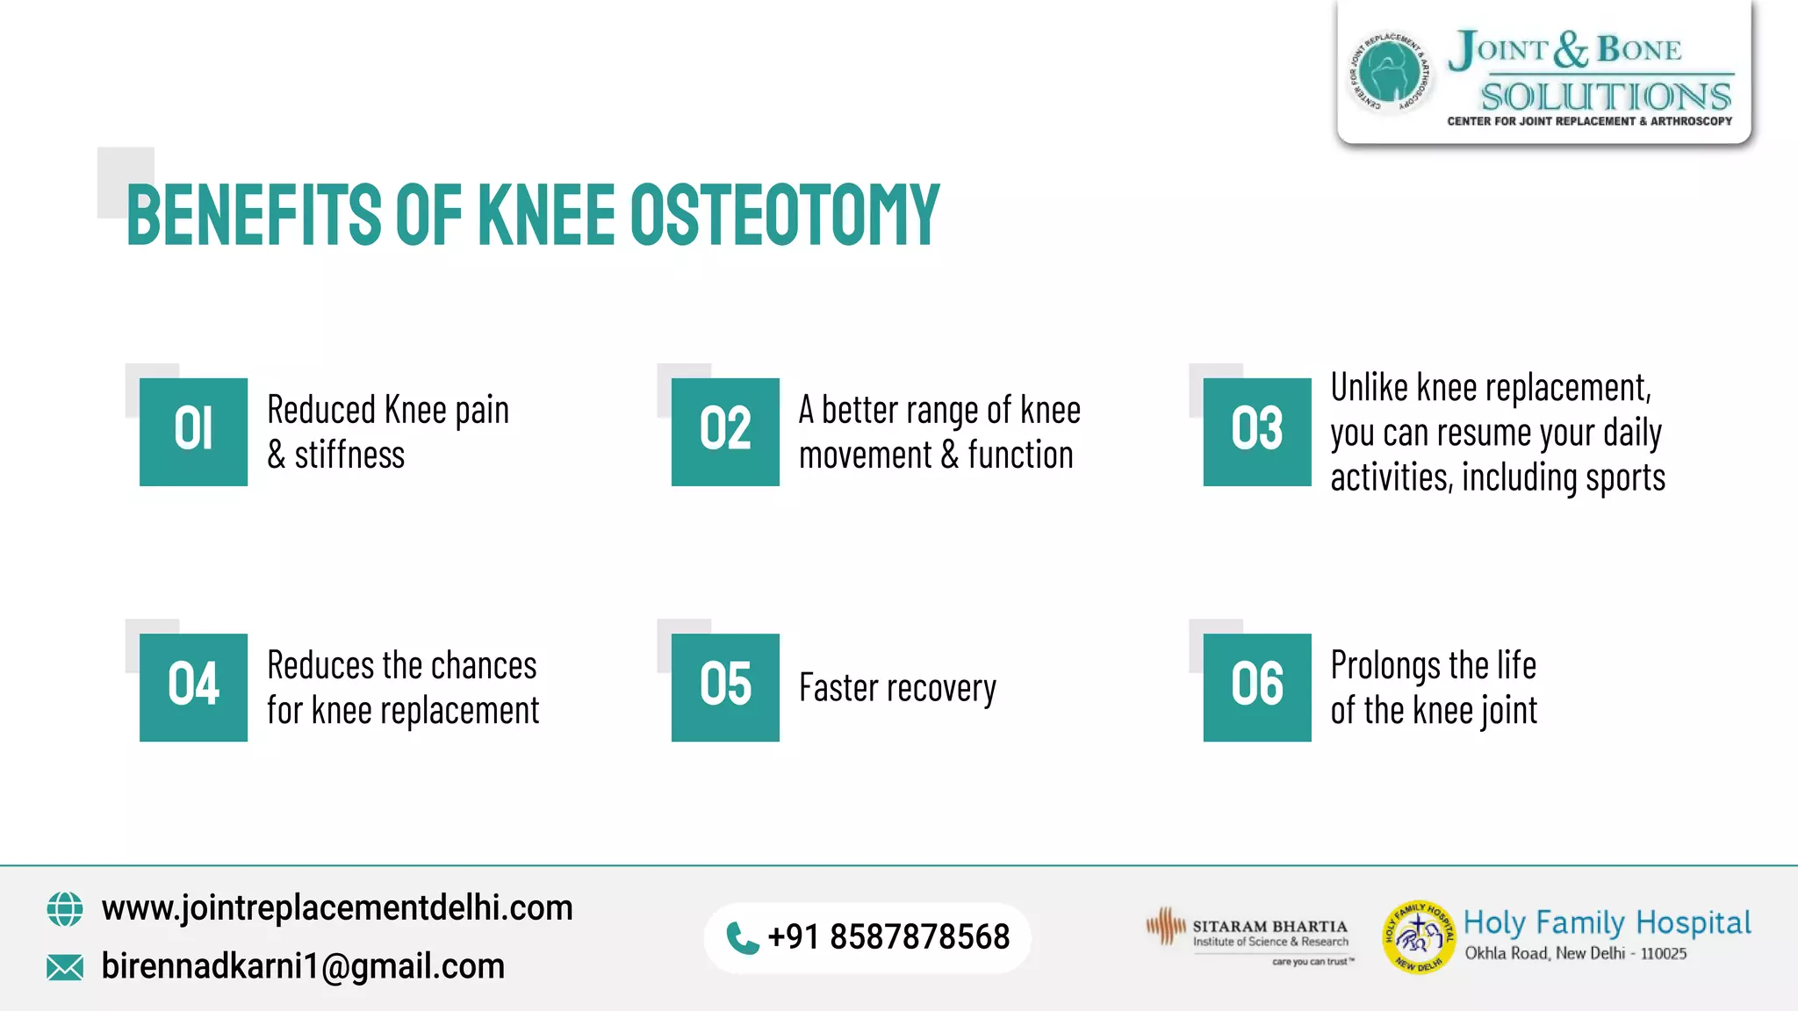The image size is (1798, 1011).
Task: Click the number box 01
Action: [x=193, y=432]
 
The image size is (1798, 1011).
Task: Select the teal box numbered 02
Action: [x=725, y=432]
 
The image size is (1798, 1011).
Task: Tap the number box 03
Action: [x=1256, y=432]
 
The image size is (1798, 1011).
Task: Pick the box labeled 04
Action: [x=193, y=687]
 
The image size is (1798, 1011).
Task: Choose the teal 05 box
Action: [x=725, y=687]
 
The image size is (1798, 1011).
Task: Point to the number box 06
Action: [x=1256, y=687]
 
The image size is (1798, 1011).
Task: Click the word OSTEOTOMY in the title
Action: [x=784, y=215]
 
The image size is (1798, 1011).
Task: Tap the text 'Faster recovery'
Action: [x=897, y=688]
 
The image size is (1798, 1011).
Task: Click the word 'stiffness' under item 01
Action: [x=349, y=455]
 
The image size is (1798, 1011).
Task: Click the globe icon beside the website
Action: [x=65, y=909]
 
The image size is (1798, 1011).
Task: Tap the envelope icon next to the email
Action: [x=65, y=967]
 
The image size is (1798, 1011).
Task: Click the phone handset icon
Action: [x=742, y=938]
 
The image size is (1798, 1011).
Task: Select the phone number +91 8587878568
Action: [x=888, y=937]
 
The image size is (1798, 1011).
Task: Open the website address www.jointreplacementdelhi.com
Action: [x=337, y=907]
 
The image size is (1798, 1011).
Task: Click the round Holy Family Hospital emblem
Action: [x=1418, y=937]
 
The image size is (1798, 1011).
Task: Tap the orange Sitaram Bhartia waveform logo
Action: [x=1166, y=927]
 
